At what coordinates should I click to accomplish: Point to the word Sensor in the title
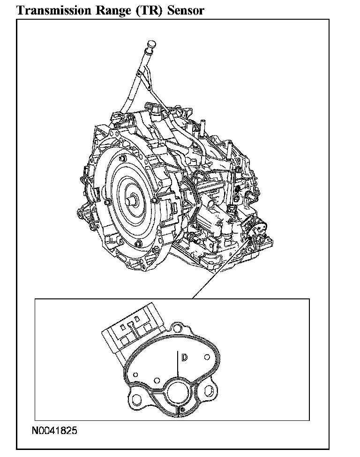[x=186, y=10]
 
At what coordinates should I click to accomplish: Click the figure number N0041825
[x=54, y=430]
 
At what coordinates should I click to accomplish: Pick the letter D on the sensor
[x=184, y=358]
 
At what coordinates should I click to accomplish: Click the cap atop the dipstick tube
[x=151, y=44]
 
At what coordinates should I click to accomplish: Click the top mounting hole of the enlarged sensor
[x=176, y=328]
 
